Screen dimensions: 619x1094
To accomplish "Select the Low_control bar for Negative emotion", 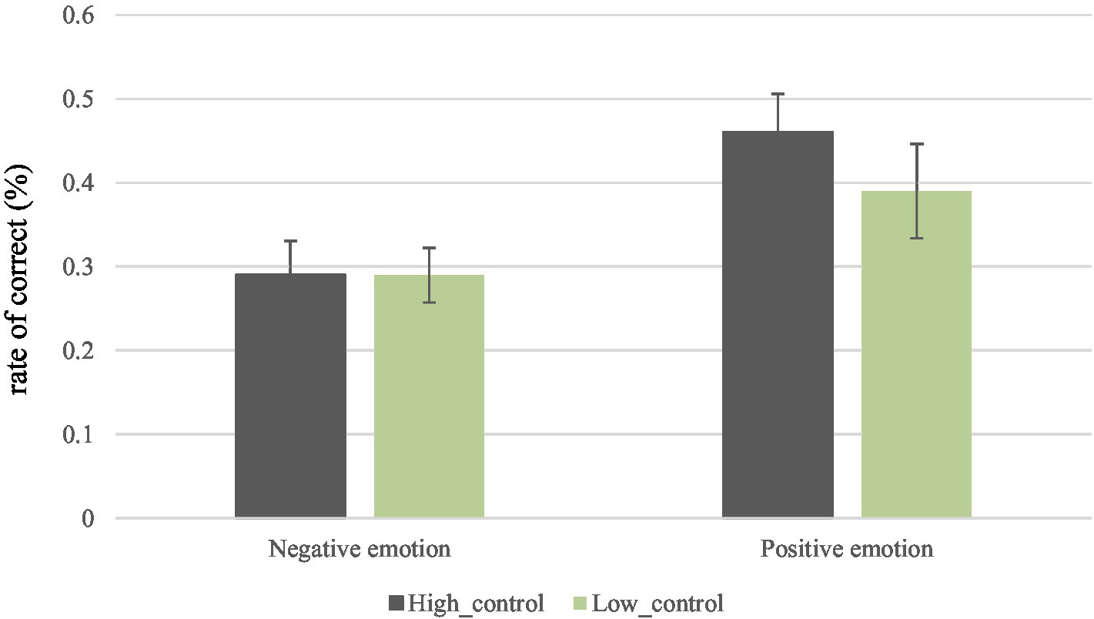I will click(429, 396).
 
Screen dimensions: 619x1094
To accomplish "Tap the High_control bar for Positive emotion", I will click(778, 324).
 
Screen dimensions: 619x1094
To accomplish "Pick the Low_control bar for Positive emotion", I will click(916, 353).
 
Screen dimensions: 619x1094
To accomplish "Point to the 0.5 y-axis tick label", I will click(77, 99).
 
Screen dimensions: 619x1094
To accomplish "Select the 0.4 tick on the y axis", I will click(77, 183).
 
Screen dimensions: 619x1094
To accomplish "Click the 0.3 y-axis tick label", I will click(77, 267).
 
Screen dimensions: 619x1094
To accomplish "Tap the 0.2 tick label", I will click(77, 351).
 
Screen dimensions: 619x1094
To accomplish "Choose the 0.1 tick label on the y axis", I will click(77, 435).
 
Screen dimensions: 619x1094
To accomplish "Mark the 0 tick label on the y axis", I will click(87, 519).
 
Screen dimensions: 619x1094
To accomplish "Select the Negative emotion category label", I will click(359, 550).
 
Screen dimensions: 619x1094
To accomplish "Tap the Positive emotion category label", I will click(847, 550).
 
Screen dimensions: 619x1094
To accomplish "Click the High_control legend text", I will click(477, 603).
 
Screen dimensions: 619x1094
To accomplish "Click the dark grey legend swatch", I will click(397, 603).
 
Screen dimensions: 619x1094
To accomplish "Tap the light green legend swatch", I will click(581, 603).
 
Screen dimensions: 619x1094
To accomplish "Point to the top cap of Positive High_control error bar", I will click(778, 94).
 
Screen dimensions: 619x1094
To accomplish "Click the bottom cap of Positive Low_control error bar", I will click(916, 238).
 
